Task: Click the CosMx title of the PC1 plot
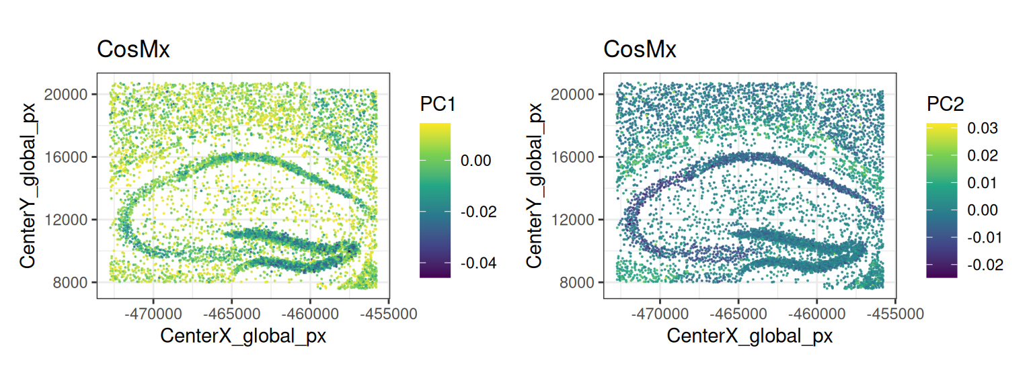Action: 133,50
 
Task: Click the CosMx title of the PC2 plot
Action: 640,50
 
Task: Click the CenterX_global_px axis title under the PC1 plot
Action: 243,336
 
